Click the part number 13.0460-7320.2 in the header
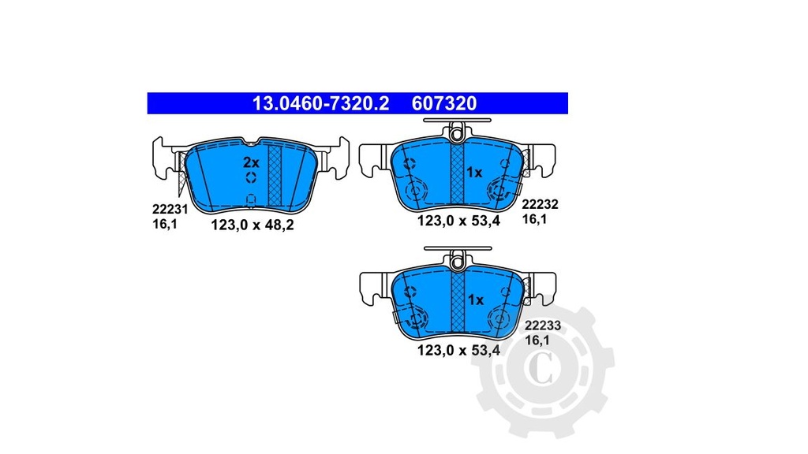pos(320,103)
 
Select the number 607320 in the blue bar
pos(443,103)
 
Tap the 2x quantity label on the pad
pos(250,162)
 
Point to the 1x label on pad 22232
pos(474,172)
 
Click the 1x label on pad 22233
pos(475,300)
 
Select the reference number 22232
pos(541,204)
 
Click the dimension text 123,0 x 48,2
pos(252,225)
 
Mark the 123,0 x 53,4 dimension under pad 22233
pos(458,352)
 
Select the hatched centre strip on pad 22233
pos(457,303)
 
